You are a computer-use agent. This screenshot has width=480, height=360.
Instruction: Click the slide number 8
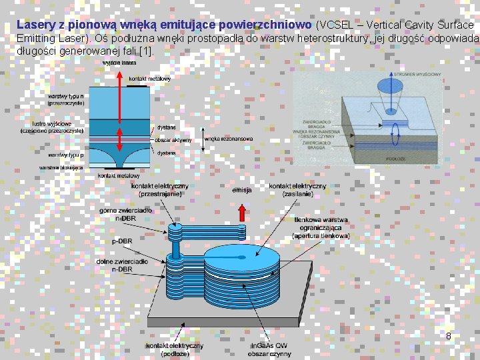[449, 336]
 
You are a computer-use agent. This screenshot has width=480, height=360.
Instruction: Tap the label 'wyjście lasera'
[119, 63]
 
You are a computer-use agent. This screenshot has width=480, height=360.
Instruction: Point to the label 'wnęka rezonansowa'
[229, 139]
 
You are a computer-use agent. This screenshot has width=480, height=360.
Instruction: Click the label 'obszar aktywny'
[173, 140]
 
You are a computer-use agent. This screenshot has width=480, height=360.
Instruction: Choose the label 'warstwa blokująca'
[61, 167]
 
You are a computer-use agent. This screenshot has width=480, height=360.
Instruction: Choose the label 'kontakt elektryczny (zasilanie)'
[297, 189]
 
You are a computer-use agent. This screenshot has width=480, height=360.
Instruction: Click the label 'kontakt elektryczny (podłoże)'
[175, 349]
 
